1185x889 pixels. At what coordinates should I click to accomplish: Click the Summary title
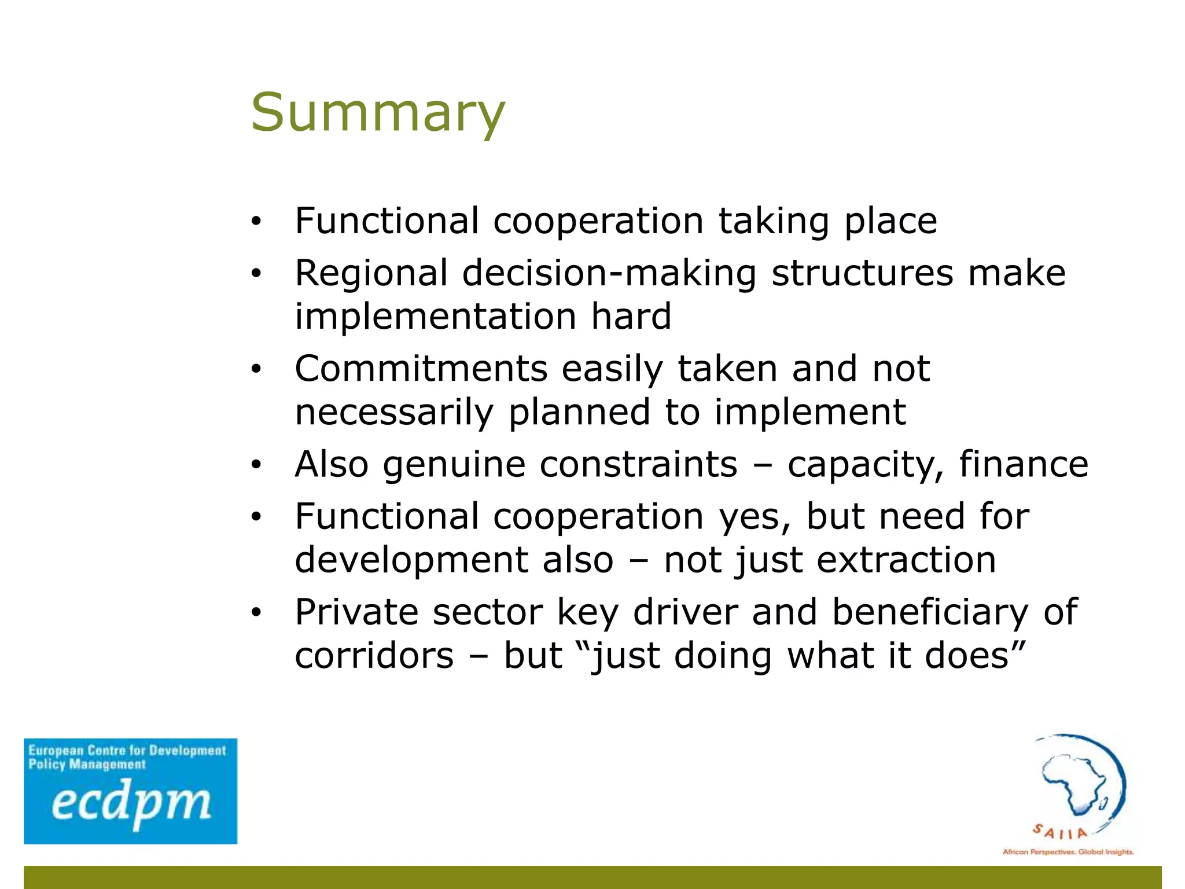tap(378, 112)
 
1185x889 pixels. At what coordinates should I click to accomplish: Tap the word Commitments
tap(421, 369)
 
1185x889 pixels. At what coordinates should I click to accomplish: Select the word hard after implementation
tap(631, 317)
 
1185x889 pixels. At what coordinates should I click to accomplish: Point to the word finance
tap(1024, 464)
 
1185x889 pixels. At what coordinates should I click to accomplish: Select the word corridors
tap(374, 656)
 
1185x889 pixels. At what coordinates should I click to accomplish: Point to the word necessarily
tap(394, 413)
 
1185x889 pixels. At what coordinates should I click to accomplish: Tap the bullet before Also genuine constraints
tap(256, 464)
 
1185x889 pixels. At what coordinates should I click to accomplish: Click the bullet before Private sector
tap(256, 612)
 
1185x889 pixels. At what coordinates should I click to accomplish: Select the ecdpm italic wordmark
tap(131, 804)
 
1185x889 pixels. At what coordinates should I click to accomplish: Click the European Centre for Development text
tap(127, 751)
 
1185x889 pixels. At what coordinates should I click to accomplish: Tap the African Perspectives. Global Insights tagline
tap(1068, 852)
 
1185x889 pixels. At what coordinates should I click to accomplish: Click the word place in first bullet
tap(890, 222)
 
